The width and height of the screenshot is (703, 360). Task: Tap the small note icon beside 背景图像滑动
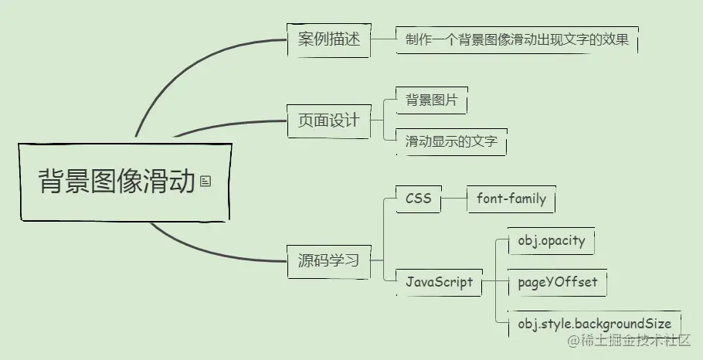[205, 181]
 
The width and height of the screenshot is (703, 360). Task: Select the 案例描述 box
[328, 39]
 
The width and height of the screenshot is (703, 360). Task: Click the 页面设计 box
[328, 121]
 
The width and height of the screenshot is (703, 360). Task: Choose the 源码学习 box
[328, 260]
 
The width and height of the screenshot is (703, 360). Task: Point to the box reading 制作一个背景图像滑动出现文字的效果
[517, 39]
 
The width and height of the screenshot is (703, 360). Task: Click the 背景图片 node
[431, 100]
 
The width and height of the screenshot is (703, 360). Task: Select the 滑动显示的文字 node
[451, 142]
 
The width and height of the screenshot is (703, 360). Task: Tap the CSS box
[418, 199]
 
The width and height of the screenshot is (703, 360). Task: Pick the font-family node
[511, 199]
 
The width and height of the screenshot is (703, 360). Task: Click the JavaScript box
[439, 282]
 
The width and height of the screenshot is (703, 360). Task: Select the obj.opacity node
[551, 240]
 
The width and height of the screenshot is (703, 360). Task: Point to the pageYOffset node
[557, 282]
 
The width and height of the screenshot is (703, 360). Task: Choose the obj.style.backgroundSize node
[594, 323]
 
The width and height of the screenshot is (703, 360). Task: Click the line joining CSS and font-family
[454, 199]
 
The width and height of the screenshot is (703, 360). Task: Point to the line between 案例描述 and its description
[383, 39]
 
